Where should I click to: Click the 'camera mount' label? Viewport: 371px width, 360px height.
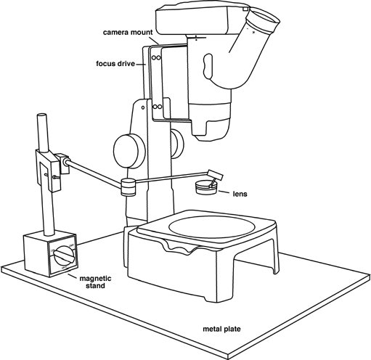click(x=128, y=32)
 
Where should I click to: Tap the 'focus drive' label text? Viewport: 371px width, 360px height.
click(x=115, y=64)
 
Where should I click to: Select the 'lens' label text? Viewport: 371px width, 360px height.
click(x=240, y=194)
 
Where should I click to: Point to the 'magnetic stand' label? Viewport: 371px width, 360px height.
click(x=96, y=282)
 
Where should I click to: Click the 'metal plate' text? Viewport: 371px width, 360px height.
click(x=221, y=329)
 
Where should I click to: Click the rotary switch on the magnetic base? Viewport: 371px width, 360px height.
click(x=64, y=256)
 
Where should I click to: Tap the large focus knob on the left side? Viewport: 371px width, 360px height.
click(x=129, y=151)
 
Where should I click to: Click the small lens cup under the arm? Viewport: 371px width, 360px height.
click(x=206, y=187)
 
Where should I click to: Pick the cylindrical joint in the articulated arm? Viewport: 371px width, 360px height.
click(x=128, y=187)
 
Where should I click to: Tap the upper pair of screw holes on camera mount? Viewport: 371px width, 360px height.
click(x=156, y=58)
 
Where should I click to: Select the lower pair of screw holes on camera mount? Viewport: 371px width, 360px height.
click(x=157, y=107)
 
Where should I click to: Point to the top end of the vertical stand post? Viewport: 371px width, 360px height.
click(x=41, y=115)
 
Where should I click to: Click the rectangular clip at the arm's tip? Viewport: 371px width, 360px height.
click(x=215, y=175)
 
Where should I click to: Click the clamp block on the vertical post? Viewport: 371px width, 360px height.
click(x=49, y=170)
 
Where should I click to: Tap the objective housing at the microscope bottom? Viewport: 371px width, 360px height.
click(x=210, y=121)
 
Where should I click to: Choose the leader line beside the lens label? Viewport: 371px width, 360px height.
click(x=224, y=192)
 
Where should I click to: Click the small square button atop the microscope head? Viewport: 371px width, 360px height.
click(x=245, y=9)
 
